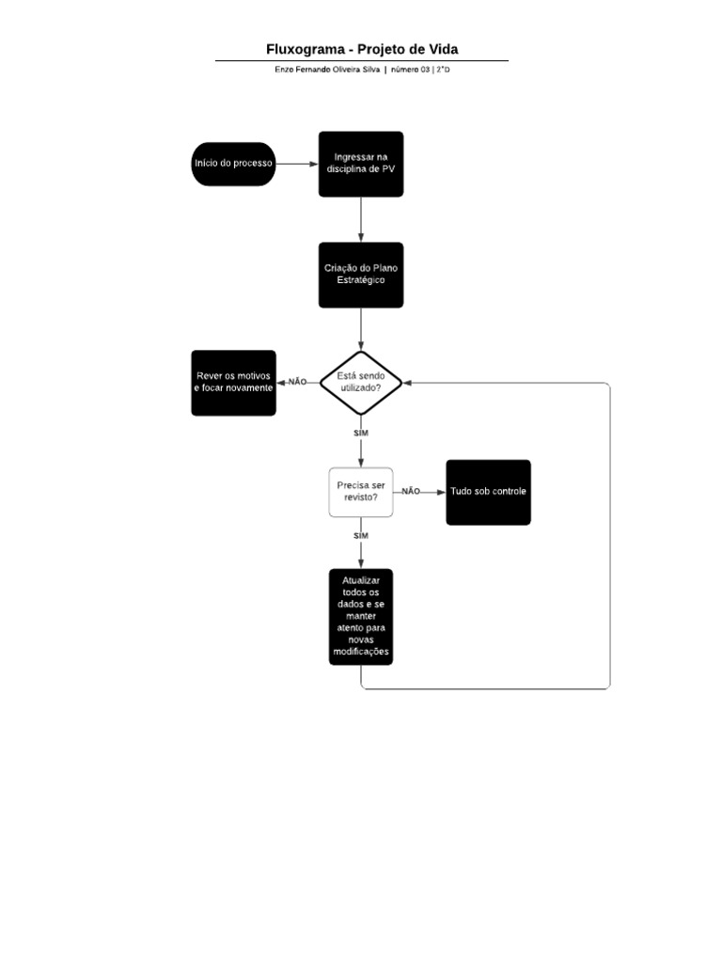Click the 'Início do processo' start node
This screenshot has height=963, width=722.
[x=233, y=164]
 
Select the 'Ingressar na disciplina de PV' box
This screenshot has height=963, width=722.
[x=361, y=164]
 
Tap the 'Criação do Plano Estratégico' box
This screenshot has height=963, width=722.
[x=361, y=275]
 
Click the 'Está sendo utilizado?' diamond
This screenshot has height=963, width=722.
[x=361, y=382]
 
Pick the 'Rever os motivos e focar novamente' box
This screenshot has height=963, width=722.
[x=234, y=382]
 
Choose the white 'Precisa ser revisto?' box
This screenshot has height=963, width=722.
[x=361, y=491]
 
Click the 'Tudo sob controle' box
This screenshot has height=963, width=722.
[x=488, y=492]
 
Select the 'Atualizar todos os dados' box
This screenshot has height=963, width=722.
[x=361, y=617]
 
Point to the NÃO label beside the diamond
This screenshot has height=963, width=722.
[x=298, y=382]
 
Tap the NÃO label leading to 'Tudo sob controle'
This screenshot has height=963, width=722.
[x=411, y=491]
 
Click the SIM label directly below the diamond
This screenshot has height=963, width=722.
[x=361, y=433]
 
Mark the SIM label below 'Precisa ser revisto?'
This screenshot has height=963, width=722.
[x=361, y=535]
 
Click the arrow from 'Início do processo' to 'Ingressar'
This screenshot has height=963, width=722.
[x=296, y=164]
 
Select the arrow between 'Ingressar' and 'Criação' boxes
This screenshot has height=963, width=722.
[x=361, y=219]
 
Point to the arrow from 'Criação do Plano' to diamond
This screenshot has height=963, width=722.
[x=361, y=329]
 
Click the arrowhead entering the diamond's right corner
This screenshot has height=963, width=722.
[x=409, y=383]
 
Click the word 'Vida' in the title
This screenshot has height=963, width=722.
[x=442, y=49]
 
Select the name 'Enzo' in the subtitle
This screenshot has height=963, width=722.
[x=284, y=70]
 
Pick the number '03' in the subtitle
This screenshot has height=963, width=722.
[x=424, y=70]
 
